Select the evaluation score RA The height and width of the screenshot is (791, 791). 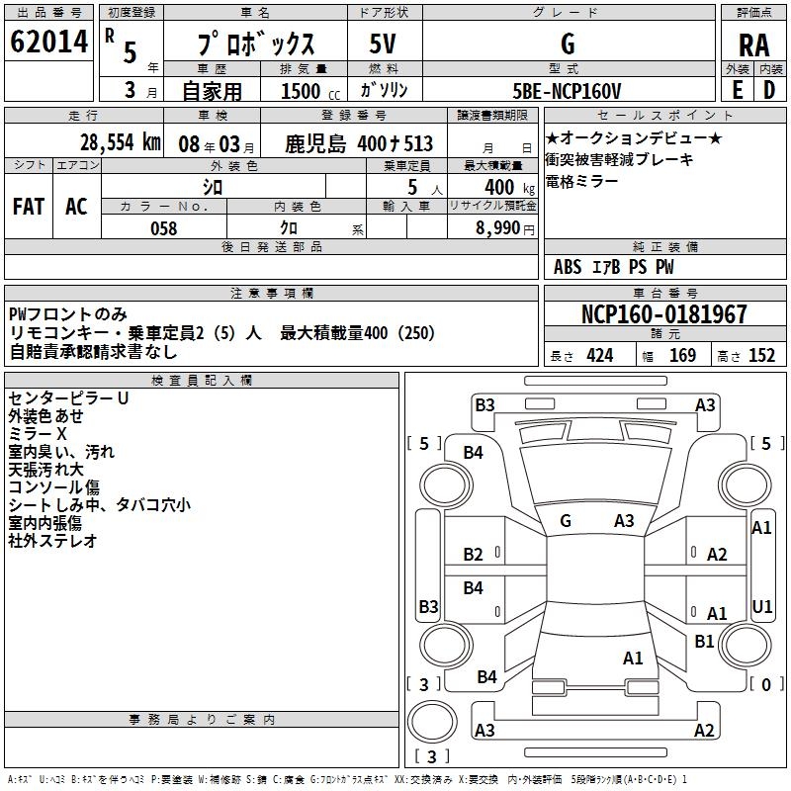(753, 44)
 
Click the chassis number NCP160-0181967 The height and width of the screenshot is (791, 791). (663, 314)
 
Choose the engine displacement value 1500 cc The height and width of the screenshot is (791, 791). (303, 91)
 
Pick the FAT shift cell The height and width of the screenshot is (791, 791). (29, 206)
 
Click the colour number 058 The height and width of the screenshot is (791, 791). (163, 228)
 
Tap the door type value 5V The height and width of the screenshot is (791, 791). (383, 44)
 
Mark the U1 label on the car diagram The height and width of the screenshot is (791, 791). (761, 606)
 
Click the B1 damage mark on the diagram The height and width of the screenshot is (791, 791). (704, 641)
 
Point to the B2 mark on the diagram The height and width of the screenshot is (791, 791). (474, 555)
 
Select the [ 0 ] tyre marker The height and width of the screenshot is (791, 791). (761, 683)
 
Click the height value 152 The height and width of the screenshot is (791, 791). (761, 356)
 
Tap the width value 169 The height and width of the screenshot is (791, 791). (682, 356)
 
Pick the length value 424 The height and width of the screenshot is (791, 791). (599, 356)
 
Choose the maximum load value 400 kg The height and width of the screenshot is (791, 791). (502, 187)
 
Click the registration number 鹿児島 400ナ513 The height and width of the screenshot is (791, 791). (360, 144)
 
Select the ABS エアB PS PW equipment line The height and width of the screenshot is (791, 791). (613, 267)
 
